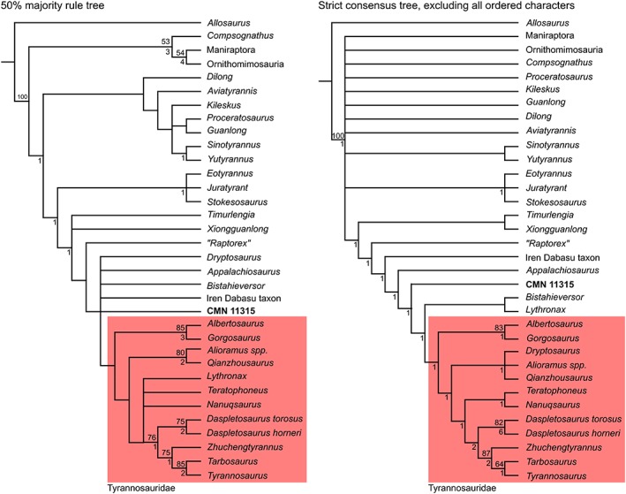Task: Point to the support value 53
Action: click(x=163, y=42)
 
